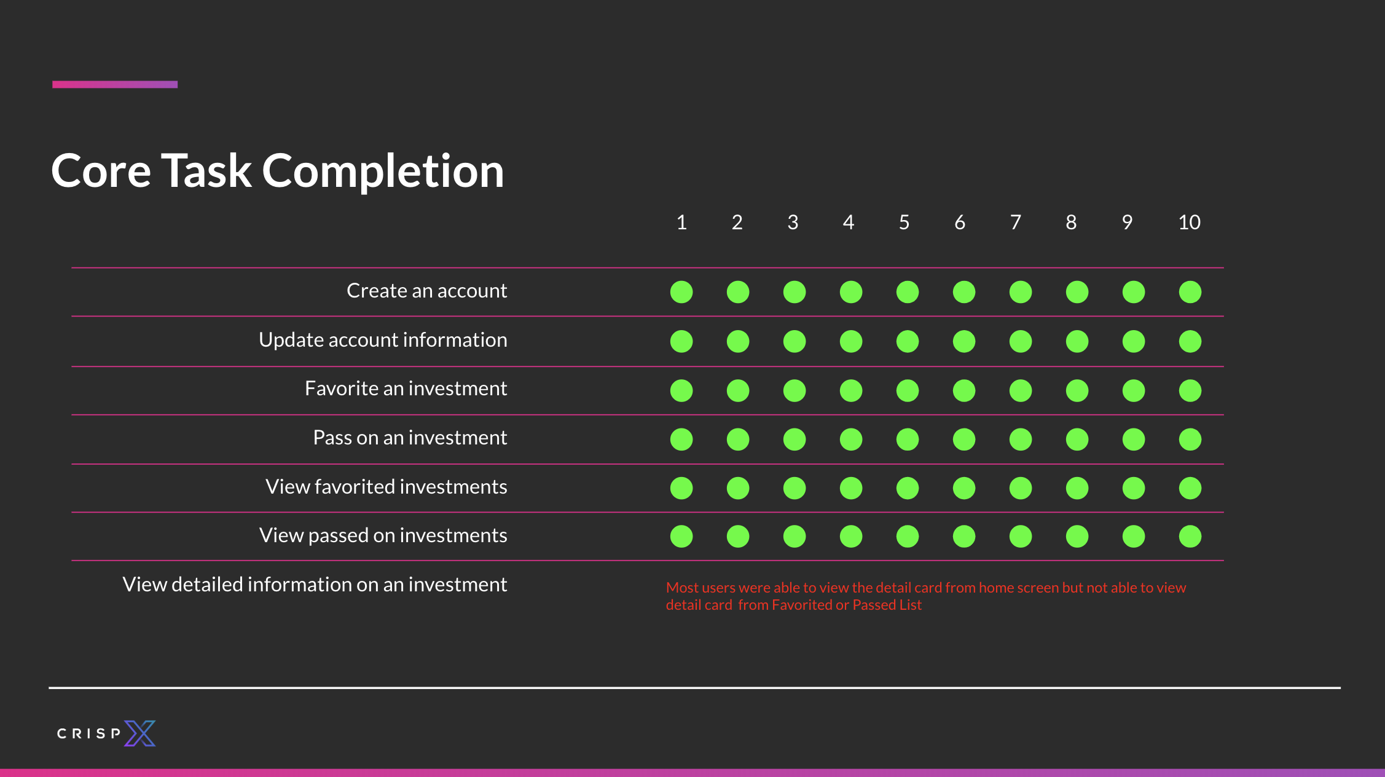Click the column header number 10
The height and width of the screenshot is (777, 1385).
pyautogui.click(x=1189, y=222)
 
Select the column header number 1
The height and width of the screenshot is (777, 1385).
pyautogui.click(x=681, y=222)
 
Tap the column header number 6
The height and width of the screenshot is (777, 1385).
pyautogui.click(x=960, y=222)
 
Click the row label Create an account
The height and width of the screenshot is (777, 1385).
pyautogui.click(x=427, y=291)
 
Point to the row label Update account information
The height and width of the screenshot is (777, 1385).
pyautogui.click(x=383, y=340)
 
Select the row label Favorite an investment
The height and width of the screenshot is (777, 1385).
pyautogui.click(x=406, y=388)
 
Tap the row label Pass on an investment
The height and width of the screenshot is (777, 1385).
pyautogui.click(x=410, y=438)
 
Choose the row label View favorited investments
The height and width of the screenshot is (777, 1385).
pyautogui.click(x=386, y=487)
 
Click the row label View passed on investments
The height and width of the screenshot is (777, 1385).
pyautogui.click(x=383, y=535)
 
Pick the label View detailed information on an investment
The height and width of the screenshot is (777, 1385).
pyautogui.click(x=315, y=585)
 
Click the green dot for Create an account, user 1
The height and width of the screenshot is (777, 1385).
pyautogui.click(x=681, y=292)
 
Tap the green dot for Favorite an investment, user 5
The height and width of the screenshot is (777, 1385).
pyautogui.click(x=908, y=390)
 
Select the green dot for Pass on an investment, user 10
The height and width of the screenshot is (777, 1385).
pyautogui.click(x=1190, y=440)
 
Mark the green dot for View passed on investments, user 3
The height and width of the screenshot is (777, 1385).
pyautogui.click(x=795, y=536)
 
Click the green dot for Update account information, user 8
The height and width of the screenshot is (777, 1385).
pyautogui.click(x=1077, y=341)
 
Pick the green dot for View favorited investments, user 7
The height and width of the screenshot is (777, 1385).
pyautogui.click(x=1021, y=488)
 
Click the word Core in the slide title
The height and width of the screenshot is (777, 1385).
pyautogui.click(x=101, y=171)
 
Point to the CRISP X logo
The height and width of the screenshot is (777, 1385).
pyautogui.click(x=106, y=733)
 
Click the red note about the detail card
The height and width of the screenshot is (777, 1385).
pyautogui.click(x=926, y=596)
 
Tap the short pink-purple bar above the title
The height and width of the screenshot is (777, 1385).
pyautogui.click(x=115, y=84)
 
